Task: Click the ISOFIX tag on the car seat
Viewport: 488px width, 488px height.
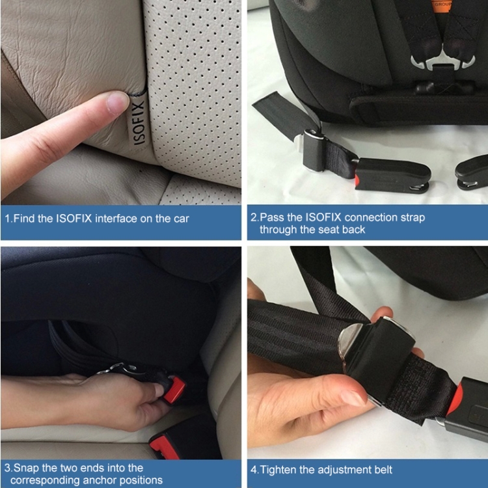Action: pyautogui.click(x=139, y=122)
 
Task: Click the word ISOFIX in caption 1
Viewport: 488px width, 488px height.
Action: pyautogui.click(x=74, y=219)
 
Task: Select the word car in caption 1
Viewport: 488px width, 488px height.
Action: pyautogui.click(x=181, y=219)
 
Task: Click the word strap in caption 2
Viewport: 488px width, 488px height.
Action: pyautogui.click(x=413, y=217)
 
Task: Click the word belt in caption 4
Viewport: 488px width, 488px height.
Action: pyautogui.click(x=383, y=470)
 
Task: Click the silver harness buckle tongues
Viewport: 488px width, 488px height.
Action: pyautogui.click(x=442, y=62)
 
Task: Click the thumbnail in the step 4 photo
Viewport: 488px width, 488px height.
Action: pyautogui.click(x=353, y=397)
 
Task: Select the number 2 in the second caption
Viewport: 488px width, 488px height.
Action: pyautogui.click(x=254, y=217)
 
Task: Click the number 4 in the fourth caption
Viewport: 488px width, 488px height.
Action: pyautogui.click(x=254, y=470)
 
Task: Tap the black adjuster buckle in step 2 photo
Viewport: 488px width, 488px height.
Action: pyautogui.click(x=315, y=150)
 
